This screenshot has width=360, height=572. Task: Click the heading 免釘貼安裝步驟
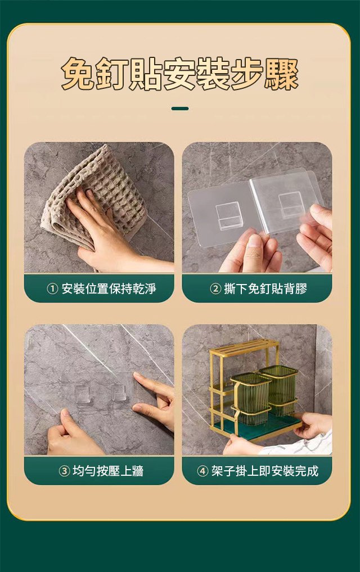click(x=180, y=74)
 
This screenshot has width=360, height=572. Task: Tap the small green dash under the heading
click(x=180, y=109)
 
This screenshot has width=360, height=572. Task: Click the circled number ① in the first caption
click(x=52, y=289)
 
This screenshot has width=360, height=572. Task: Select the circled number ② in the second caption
click(x=215, y=289)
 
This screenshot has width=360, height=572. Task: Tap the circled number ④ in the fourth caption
click(x=203, y=471)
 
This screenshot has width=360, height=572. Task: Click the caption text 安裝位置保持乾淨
click(x=109, y=289)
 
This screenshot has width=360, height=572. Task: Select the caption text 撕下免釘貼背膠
click(x=265, y=289)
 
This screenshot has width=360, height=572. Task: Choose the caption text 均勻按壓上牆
click(x=108, y=471)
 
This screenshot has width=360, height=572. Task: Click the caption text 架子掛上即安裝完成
click(x=265, y=471)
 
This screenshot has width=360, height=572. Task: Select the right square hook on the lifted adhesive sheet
click(x=291, y=205)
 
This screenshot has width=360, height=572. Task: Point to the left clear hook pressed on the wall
click(x=83, y=394)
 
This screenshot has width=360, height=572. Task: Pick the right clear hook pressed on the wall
click(x=119, y=393)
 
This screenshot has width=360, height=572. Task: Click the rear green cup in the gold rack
click(x=280, y=389)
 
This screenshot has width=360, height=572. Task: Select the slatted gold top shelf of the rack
click(x=244, y=348)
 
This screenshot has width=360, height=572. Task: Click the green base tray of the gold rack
click(x=258, y=428)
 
